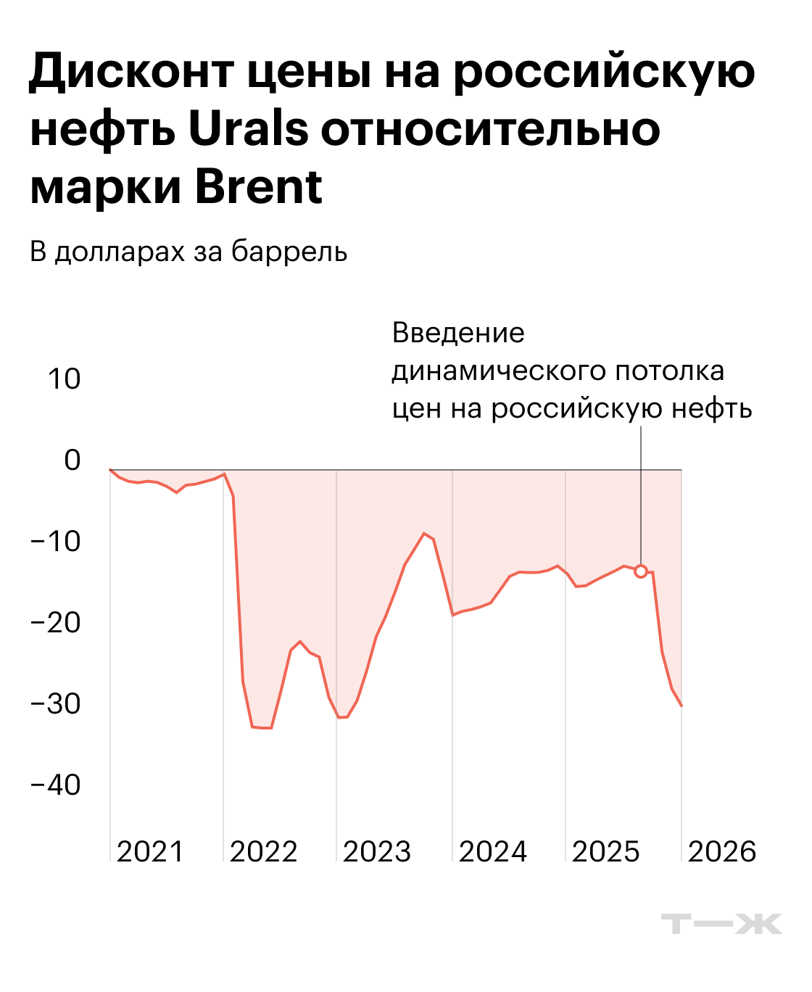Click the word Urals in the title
(249, 129)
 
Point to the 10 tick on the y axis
(65, 379)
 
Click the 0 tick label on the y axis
(72, 460)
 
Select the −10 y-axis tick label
(56, 541)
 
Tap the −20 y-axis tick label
(56, 622)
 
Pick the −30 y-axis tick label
(56, 703)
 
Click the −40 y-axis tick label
(56, 785)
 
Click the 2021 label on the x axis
(151, 851)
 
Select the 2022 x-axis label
(264, 851)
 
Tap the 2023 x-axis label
(377, 851)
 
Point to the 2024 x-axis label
(493, 851)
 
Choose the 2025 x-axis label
(606, 851)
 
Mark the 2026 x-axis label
(722, 851)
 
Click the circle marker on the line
(641, 571)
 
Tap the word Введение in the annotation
(458, 333)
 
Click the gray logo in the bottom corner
(721, 924)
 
